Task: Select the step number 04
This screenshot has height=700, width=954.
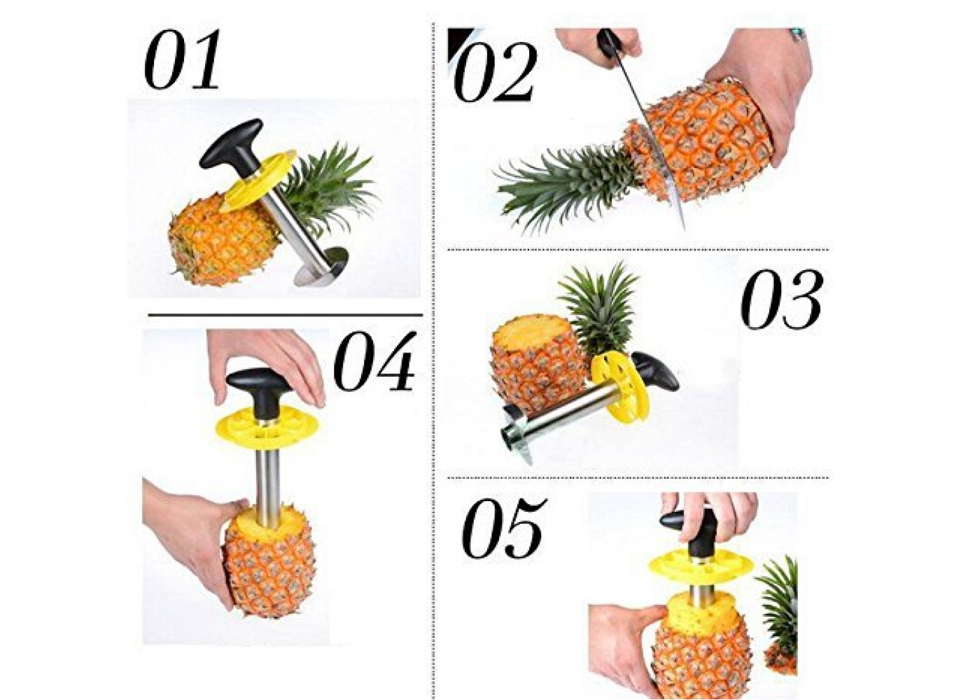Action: [374, 361]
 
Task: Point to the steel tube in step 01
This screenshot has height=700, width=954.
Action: [297, 228]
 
